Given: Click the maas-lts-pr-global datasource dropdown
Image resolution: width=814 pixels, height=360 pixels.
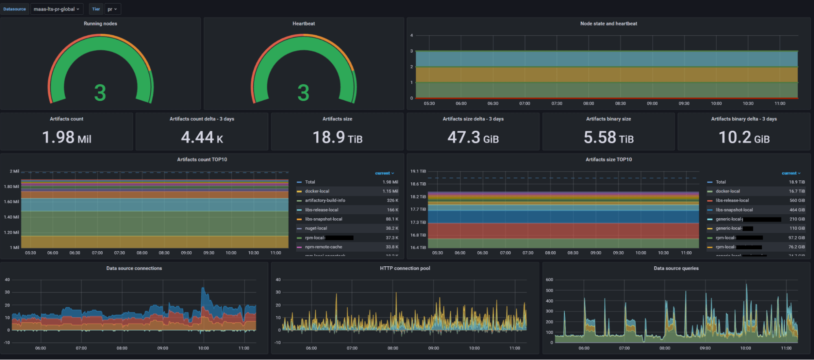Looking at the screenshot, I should coord(56,9).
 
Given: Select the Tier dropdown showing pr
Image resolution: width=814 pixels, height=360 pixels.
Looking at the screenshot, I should coord(112,9).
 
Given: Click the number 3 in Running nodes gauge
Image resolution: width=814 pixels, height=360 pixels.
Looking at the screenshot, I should coord(100,93).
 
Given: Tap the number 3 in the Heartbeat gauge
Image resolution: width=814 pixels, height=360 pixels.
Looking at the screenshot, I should coord(303,93).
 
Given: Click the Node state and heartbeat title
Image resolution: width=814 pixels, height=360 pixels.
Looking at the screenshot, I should coord(608,24).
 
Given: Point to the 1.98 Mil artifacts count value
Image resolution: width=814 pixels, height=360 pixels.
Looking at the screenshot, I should coord(67,137).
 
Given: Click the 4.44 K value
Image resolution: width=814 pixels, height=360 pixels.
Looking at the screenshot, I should coord(202,137).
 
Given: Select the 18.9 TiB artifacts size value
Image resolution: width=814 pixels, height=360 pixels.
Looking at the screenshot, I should coord(337,137).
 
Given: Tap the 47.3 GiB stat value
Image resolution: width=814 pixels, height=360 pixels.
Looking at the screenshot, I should coord(473,137).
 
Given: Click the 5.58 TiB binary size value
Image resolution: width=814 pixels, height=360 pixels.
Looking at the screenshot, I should coord(608,137).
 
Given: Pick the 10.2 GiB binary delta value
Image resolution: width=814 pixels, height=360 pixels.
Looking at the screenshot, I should coord(744,137).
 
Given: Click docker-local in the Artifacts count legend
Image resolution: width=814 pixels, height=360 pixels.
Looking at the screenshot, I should coord(317,191).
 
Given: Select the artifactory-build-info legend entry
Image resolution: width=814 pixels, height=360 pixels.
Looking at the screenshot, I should coord(325,200).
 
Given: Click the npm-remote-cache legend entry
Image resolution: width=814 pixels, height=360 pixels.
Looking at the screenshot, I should coord(323,247).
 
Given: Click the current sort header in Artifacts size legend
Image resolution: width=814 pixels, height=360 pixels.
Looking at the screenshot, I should coord(791,173).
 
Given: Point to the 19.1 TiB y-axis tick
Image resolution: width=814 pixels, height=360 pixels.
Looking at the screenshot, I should coord(418,171).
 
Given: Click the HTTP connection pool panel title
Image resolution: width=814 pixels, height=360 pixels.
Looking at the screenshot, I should coord(405,268).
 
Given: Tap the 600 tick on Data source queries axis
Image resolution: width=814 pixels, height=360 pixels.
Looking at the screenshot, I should coord(549,280).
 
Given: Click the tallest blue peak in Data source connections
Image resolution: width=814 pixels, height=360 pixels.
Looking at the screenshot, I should coord(203,289).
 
